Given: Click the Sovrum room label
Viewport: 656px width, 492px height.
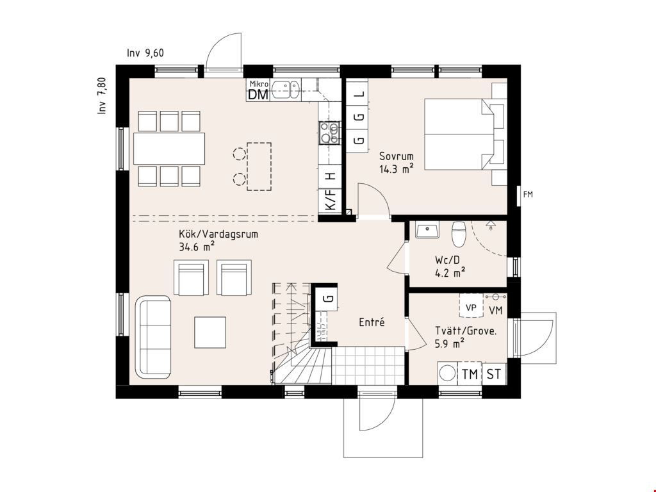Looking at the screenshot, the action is coord(396,156).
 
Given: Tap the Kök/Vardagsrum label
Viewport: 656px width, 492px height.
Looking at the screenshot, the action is coord(218,234).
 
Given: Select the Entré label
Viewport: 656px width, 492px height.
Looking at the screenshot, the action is coord(372,322).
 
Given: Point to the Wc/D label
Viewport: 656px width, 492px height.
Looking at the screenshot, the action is coord(447,260).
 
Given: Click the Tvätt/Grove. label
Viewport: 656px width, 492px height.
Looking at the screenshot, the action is coord(466,331).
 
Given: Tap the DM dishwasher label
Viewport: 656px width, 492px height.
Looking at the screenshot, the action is coord(258,95).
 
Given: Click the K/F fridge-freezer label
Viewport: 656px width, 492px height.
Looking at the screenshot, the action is coord(331,200).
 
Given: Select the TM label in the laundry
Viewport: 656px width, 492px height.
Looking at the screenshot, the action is coord(470,374).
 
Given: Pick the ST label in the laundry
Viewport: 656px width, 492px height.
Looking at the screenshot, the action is coord(494,374).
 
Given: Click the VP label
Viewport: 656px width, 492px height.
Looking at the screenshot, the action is coord(471,307).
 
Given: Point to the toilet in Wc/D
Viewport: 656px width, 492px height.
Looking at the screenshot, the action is coord(459,234).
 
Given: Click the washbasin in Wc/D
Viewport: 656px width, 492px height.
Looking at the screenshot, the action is coord(427,230).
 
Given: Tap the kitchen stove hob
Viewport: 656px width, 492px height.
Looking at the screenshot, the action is coord(329,133).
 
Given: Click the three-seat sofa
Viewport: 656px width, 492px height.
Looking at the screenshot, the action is coord(153,337).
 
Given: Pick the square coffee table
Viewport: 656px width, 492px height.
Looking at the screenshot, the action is coord(210,332).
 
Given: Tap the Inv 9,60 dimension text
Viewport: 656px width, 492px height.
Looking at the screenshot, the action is coord(145,53).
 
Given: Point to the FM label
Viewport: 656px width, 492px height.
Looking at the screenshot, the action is coord(528,195).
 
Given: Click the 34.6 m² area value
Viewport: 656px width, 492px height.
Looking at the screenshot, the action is coord(197,247).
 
